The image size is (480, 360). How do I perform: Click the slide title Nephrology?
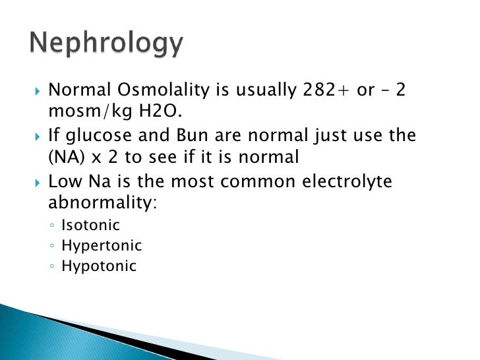pos(105,44)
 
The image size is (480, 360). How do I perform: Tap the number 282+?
pos(320,90)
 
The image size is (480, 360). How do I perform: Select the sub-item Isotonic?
pos(90,225)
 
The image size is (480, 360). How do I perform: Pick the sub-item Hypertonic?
pos(101,246)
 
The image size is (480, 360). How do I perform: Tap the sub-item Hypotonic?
pos(99,266)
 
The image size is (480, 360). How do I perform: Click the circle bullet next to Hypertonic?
pos(52,247)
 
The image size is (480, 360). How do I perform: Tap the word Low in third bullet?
pos(65,181)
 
